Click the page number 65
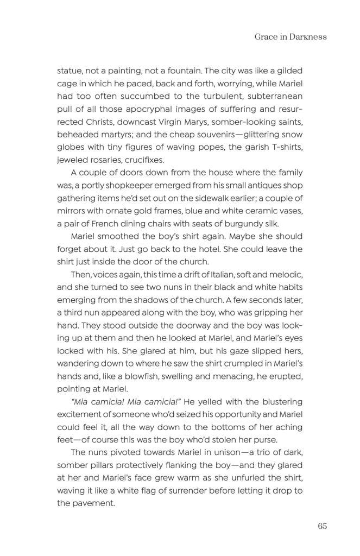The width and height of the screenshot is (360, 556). click(323, 526)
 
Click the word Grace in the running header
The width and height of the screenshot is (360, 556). click(266, 37)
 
